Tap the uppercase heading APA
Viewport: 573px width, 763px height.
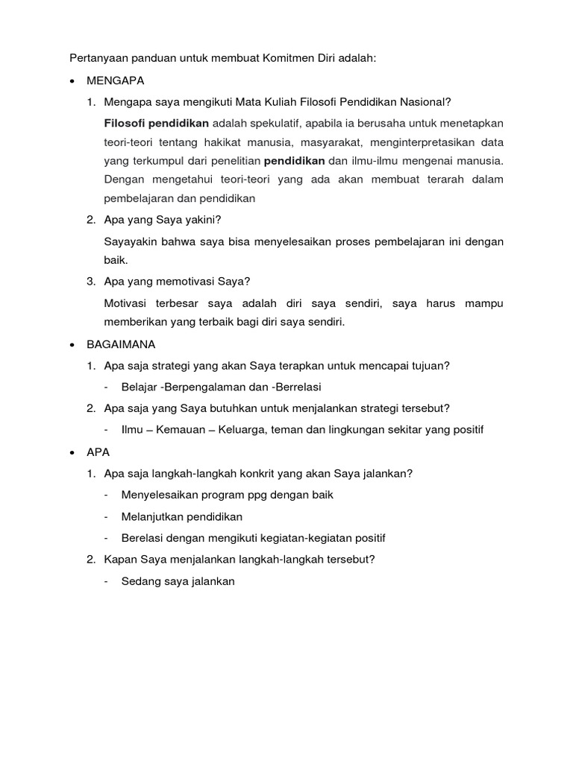click(98, 452)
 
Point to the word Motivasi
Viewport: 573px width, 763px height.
click(128, 303)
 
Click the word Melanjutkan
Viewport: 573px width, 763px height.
click(153, 516)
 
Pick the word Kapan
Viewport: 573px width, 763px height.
click(119, 560)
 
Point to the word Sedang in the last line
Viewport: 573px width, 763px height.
click(139, 581)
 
